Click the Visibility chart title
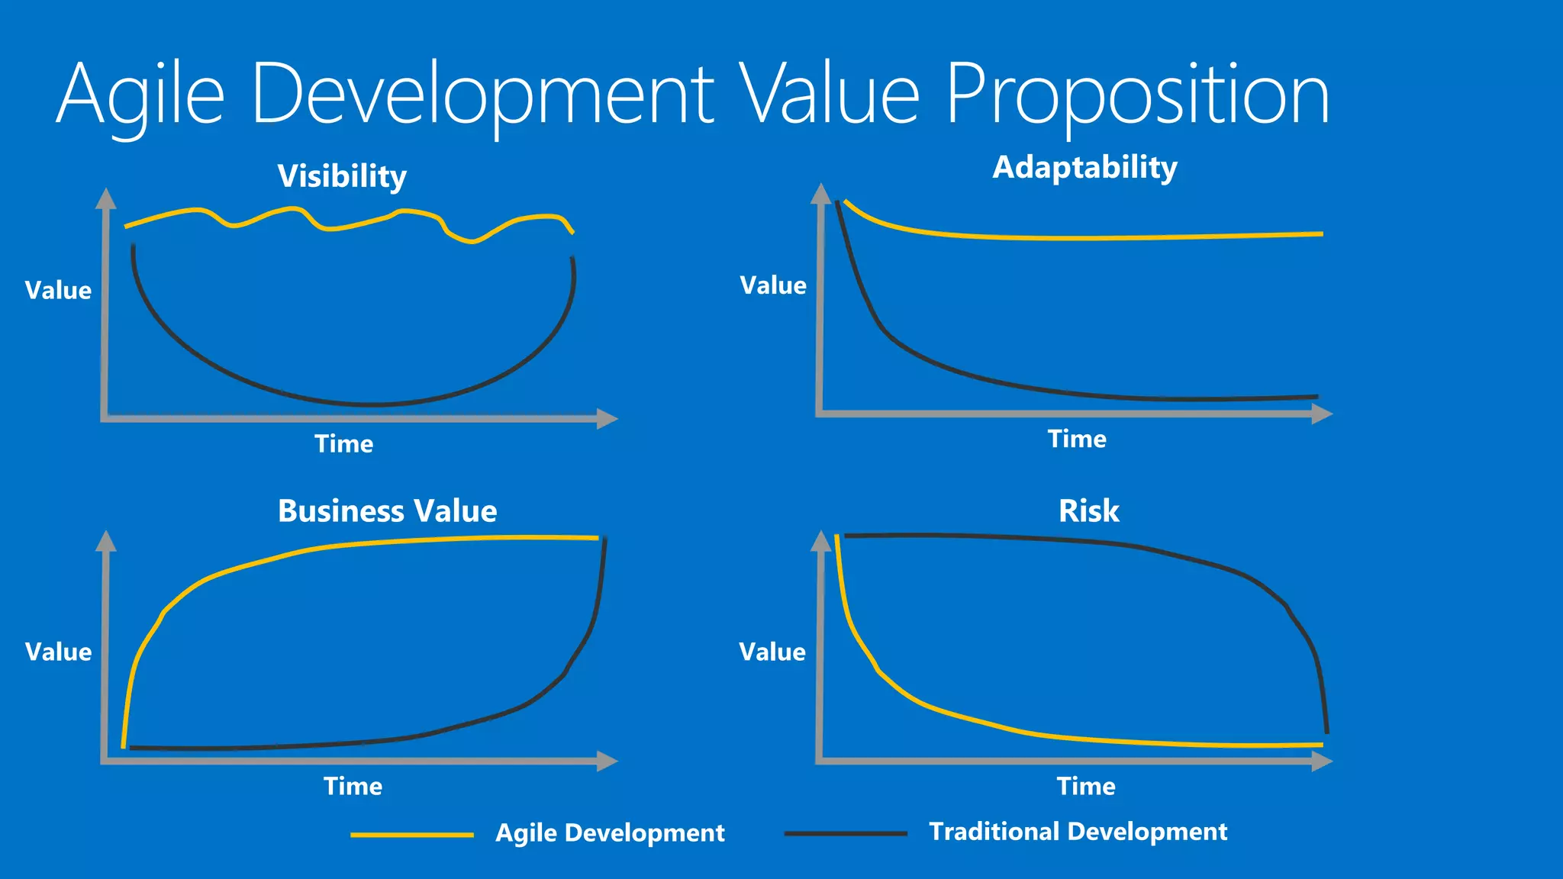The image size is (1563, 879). coord(342,176)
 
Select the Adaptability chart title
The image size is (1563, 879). coord(1084,167)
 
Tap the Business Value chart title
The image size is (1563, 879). coord(387,510)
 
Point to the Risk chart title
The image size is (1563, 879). coord(1088,510)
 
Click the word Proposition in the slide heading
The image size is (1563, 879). coord(1137,95)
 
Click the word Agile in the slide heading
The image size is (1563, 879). coord(141,95)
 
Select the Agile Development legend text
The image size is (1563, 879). coord(610,832)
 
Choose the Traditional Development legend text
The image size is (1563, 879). coord(1078,831)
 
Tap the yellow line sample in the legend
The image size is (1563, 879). coord(412,835)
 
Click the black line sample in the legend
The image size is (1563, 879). coord(846,833)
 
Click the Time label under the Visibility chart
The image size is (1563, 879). coord(343,443)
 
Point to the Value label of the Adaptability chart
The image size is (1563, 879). coord(772,285)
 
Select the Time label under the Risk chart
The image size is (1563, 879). coord(1085,786)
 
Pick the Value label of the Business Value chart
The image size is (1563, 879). coord(58,652)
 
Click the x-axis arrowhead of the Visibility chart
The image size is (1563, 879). coord(607,418)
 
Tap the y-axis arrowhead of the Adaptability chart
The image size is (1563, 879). coord(820,194)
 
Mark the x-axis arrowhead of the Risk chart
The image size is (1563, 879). coord(1322,761)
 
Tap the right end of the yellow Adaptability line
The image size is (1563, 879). coord(1320,234)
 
